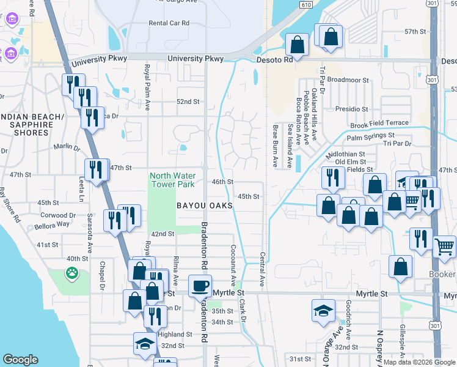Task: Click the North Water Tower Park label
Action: tap(172, 180)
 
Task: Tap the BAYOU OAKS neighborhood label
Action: tap(205, 206)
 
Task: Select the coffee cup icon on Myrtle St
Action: tap(200, 286)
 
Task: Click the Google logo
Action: tap(20, 360)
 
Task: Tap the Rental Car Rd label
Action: tap(169, 23)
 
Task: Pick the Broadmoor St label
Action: tap(349, 80)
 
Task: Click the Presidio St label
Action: tap(351, 108)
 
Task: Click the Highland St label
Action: tap(175, 335)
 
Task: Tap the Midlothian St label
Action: tap(345, 155)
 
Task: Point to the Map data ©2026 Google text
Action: tap(419, 362)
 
